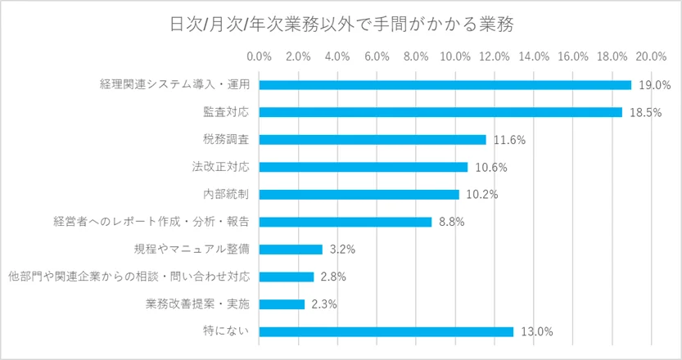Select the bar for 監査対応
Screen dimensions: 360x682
(440, 112)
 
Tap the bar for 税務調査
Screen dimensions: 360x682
(373, 140)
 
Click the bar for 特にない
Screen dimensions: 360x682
(386, 331)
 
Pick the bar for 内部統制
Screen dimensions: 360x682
(359, 195)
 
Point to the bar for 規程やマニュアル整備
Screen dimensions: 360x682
(291, 250)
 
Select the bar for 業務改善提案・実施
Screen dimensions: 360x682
(282, 304)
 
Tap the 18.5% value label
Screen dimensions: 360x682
(644, 113)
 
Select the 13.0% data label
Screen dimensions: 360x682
(537, 332)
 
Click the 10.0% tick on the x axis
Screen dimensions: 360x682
(455, 56)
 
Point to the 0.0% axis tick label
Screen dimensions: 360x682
(260, 56)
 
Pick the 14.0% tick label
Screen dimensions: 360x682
(534, 56)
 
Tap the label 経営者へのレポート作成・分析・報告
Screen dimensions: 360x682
(151, 222)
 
